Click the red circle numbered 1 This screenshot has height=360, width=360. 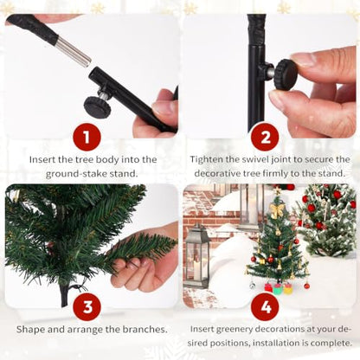coord(87,138)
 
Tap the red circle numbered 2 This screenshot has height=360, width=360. coord(266,138)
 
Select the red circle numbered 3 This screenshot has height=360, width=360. coord(87,307)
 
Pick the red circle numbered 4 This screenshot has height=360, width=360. coord(266,307)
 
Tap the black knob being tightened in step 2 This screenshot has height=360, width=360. coord(285,74)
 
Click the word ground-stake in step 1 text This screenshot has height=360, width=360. coord(76,174)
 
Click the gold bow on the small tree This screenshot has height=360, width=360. coord(277,209)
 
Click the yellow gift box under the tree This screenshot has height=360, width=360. coord(287,288)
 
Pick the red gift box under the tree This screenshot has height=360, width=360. coord(268,287)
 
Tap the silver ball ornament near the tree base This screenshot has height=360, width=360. coord(253,286)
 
